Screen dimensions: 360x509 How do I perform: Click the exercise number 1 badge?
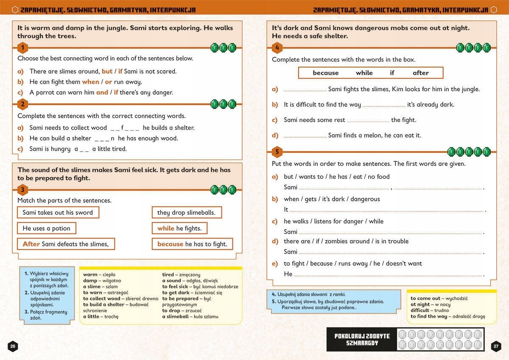tap(23, 48)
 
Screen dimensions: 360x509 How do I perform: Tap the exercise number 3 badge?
tap(23, 189)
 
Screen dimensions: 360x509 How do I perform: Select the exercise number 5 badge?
tap(277, 152)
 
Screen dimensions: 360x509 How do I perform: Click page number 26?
tap(13, 346)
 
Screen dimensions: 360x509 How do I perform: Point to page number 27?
tap(496, 346)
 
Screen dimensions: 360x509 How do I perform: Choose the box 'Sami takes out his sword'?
tap(58, 213)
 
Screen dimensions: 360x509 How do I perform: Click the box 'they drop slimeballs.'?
tap(186, 213)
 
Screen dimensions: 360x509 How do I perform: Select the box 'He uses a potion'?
tap(46, 228)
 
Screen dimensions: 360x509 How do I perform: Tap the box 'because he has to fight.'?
tap(192, 244)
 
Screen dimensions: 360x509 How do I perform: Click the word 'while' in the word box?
tap(364, 73)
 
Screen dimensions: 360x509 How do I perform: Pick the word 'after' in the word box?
tap(420, 73)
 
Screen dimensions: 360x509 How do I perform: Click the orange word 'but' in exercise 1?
tap(107, 71)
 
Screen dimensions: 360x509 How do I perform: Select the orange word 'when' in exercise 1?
tap(90, 82)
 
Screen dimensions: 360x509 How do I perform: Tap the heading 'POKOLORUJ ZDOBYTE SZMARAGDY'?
tap(362, 340)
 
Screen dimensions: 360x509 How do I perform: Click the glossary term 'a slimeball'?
tap(178, 316)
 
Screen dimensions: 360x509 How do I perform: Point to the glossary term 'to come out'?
tap(425, 298)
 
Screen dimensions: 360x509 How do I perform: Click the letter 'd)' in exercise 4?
tap(275, 135)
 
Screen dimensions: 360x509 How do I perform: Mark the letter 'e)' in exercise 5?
tap(275, 264)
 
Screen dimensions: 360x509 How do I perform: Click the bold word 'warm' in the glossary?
tap(89, 275)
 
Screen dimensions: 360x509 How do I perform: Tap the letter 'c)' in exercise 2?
tap(20, 149)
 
